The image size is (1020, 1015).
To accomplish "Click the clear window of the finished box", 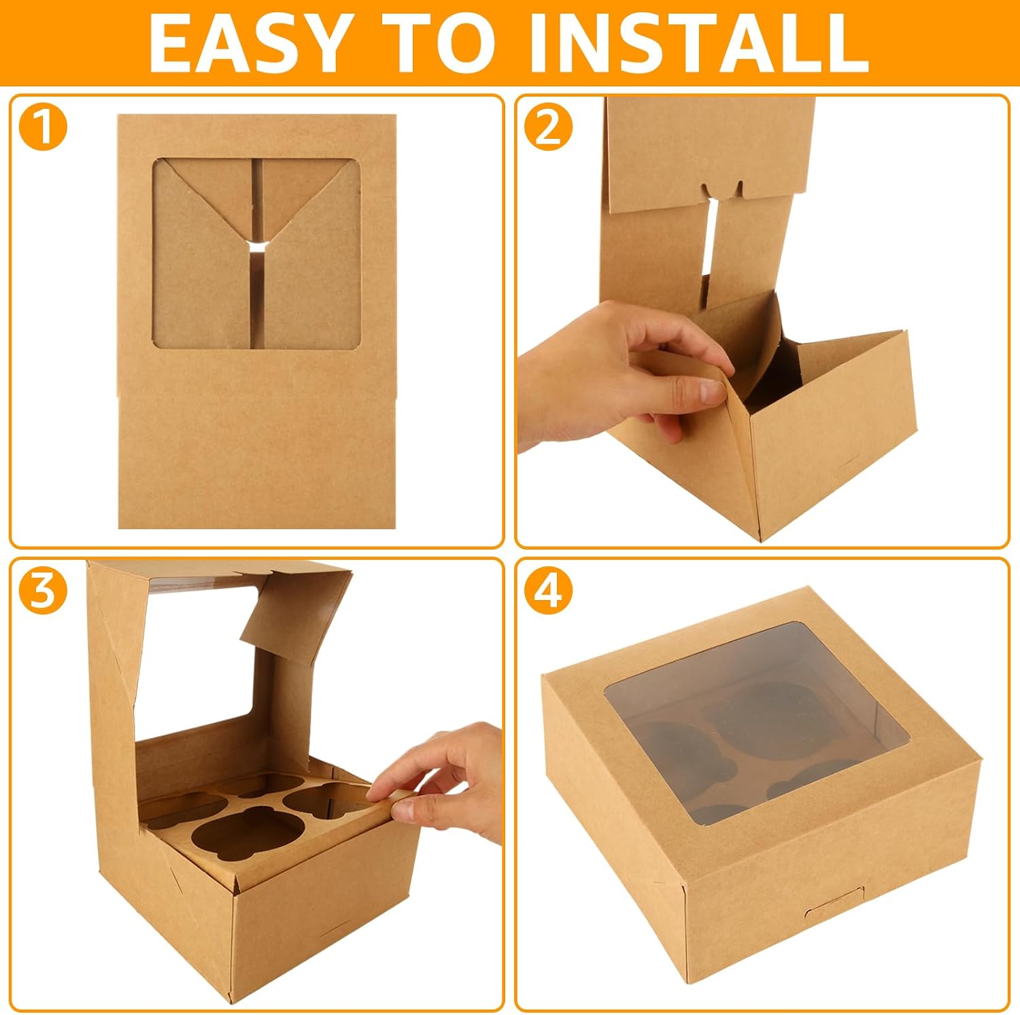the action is tap(748, 721).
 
